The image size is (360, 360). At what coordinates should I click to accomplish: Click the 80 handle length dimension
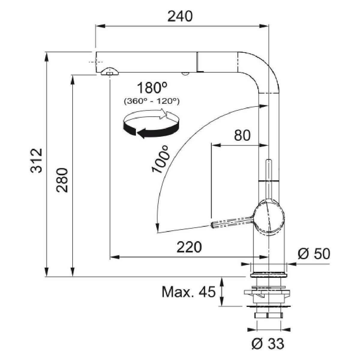pyautogui.click(x=242, y=136)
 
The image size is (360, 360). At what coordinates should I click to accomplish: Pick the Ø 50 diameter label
pyautogui.click(x=313, y=254)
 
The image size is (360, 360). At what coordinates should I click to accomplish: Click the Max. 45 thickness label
pyautogui.click(x=189, y=292)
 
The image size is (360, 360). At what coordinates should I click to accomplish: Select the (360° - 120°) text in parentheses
pyautogui.click(x=151, y=101)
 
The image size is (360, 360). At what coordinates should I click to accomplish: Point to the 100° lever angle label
pyautogui.click(x=161, y=159)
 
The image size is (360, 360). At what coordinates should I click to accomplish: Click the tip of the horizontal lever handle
pyautogui.click(x=213, y=224)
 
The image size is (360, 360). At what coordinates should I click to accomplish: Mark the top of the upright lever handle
pyautogui.click(x=269, y=161)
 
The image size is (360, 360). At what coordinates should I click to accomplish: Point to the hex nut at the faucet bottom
pyautogui.click(x=268, y=315)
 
